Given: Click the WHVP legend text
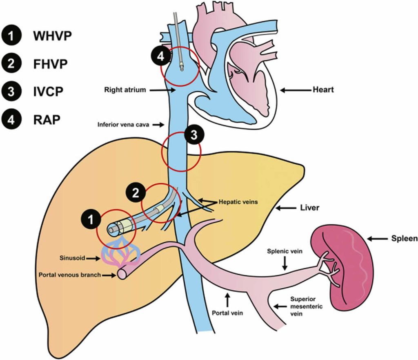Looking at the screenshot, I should (52, 36).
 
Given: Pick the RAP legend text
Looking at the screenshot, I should (47, 119).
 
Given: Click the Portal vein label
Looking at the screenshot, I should (227, 314).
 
